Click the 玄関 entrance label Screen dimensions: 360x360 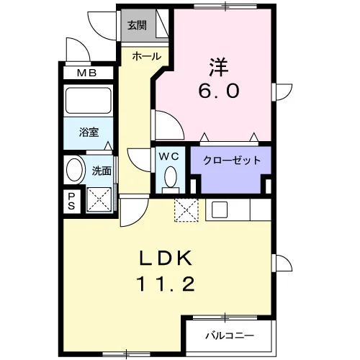point(137,25)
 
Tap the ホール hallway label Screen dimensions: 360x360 point(146,57)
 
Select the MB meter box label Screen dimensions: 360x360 point(87,73)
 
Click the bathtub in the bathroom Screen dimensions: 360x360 point(89,101)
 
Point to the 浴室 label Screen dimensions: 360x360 point(89,132)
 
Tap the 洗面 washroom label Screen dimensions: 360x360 point(102,171)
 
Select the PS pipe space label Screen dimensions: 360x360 point(71,202)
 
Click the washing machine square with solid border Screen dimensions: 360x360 point(99,199)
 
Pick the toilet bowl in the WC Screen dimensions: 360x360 point(171,177)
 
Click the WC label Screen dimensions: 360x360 point(169,157)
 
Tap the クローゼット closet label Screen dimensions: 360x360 point(232,161)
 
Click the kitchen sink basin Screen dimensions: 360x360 point(220,210)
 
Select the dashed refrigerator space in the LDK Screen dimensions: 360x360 point(186,210)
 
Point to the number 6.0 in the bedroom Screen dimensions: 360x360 point(219,91)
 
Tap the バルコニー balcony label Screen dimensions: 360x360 point(230,336)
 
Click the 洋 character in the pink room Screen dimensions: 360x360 point(219,67)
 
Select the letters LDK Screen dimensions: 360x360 point(166,258)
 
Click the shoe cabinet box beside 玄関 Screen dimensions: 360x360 point(162,24)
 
